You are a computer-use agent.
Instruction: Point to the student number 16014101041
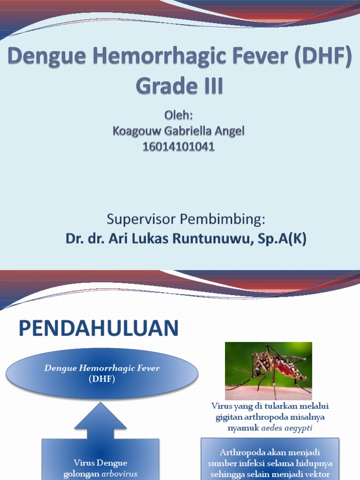coord(178,147)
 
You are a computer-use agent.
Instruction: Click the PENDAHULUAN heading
coord(98,328)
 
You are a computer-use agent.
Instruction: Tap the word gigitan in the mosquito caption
coord(228,417)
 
